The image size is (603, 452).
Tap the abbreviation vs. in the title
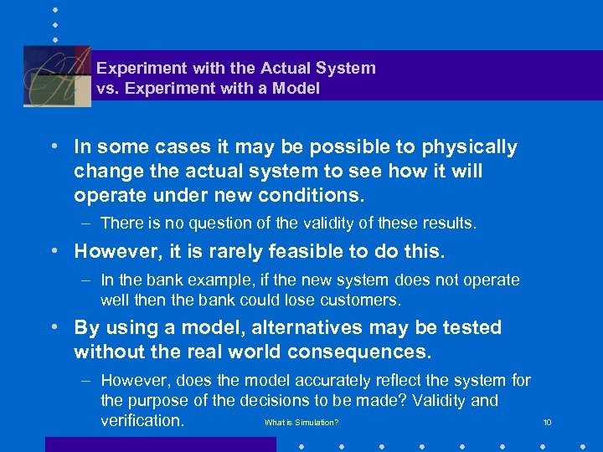coord(107,88)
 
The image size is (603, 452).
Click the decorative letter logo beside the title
coord(56,75)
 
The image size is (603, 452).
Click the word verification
coord(142,420)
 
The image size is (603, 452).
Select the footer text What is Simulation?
coord(301,423)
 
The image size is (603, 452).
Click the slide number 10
coord(547,423)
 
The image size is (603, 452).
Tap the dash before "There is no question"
coord(87,223)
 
